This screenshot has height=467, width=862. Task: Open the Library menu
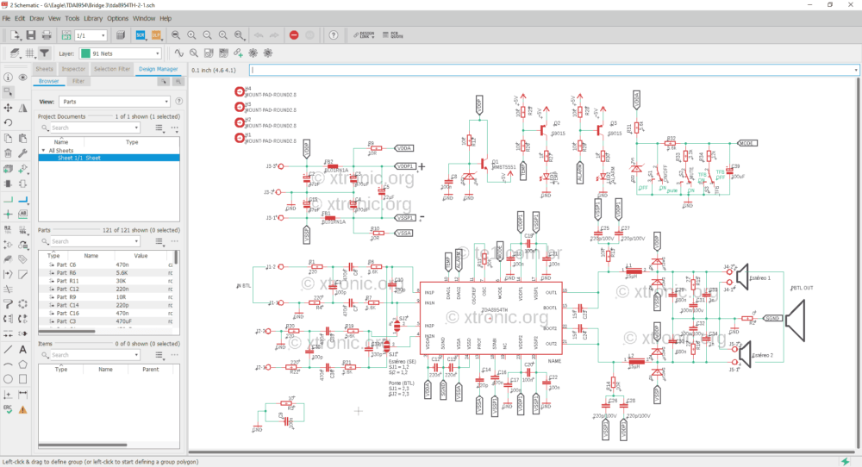(93, 17)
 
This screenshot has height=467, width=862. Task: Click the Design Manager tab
(158, 68)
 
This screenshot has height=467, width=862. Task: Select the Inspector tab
(74, 68)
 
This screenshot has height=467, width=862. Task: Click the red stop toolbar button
(294, 35)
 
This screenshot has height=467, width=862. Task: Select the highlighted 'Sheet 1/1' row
(108, 158)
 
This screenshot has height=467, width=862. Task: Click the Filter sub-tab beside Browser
(78, 81)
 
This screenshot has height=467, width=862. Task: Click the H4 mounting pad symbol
(240, 90)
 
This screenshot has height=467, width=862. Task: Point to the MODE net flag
(747, 143)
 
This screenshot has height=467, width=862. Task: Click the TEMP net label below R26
(523, 170)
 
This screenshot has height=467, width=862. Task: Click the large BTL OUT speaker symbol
(797, 318)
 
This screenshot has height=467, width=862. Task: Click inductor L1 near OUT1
(629, 271)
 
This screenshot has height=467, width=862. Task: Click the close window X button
(852, 5)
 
